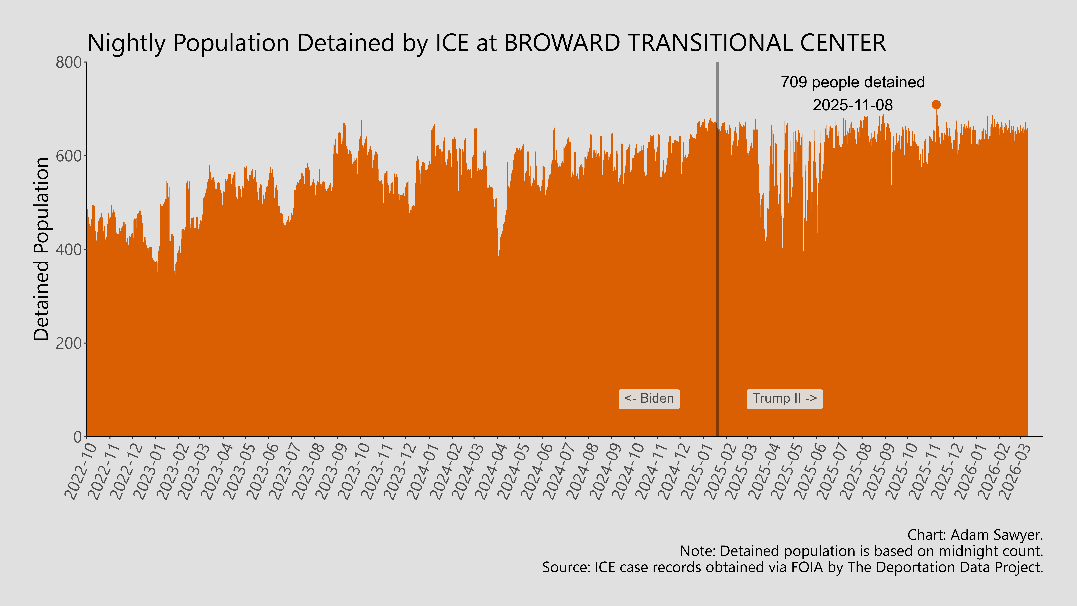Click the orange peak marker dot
click(x=936, y=105)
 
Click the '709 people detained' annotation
click(x=853, y=82)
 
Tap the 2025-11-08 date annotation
click(x=853, y=105)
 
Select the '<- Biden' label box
click(x=649, y=399)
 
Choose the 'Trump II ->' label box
click(x=784, y=399)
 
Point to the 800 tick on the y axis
click(x=69, y=63)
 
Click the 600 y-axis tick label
click(x=69, y=156)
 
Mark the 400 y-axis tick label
click(x=69, y=250)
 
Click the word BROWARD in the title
click(x=562, y=43)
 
